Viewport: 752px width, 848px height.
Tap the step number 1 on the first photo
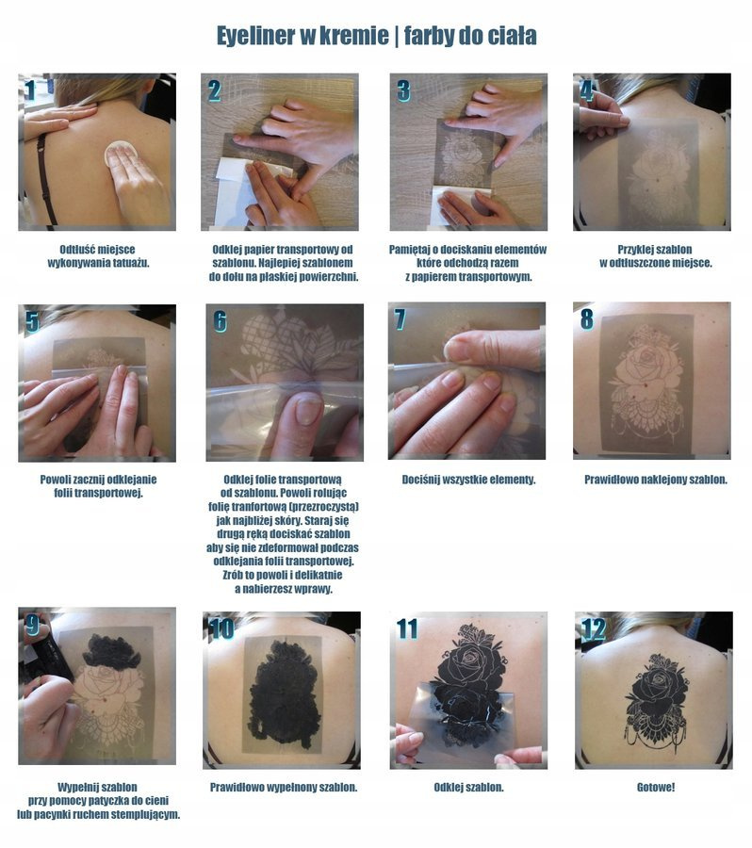click(30, 90)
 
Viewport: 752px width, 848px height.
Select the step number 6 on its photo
click(220, 320)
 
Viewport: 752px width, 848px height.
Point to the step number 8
click(586, 319)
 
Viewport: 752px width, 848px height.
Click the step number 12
click(594, 629)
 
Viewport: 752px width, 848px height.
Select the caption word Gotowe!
click(656, 787)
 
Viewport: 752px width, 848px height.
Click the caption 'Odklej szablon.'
click(468, 787)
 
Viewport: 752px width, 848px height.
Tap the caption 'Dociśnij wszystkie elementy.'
click(468, 480)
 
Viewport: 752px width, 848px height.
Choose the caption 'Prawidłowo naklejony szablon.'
click(656, 480)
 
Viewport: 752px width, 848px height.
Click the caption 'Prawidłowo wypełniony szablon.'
click(284, 787)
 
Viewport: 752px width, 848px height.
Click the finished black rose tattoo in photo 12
click(656, 700)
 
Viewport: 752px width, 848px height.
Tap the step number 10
click(221, 629)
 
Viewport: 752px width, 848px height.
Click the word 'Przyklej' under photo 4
click(636, 250)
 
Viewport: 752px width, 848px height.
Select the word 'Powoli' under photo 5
click(56, 480)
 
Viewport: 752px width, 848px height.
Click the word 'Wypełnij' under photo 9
click(76, 787)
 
